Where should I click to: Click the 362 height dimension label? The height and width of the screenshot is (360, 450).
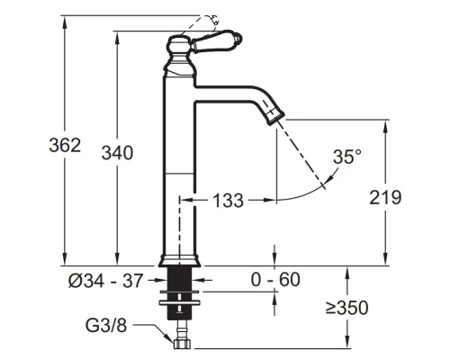pos(65,145)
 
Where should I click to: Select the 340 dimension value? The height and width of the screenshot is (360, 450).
pos(117,153)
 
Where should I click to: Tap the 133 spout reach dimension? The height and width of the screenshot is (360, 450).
pos(228,200)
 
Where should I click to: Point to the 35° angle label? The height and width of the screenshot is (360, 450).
pos(347,157)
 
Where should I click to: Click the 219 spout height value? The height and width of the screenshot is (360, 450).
pos(385,197)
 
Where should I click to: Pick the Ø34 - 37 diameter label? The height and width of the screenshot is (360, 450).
pos(105,281)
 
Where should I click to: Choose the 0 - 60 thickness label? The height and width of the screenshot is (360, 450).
pos(275,280)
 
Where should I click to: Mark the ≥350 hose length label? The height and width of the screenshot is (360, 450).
pos(346,308)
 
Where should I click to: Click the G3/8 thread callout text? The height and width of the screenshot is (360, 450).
pos(106,325)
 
